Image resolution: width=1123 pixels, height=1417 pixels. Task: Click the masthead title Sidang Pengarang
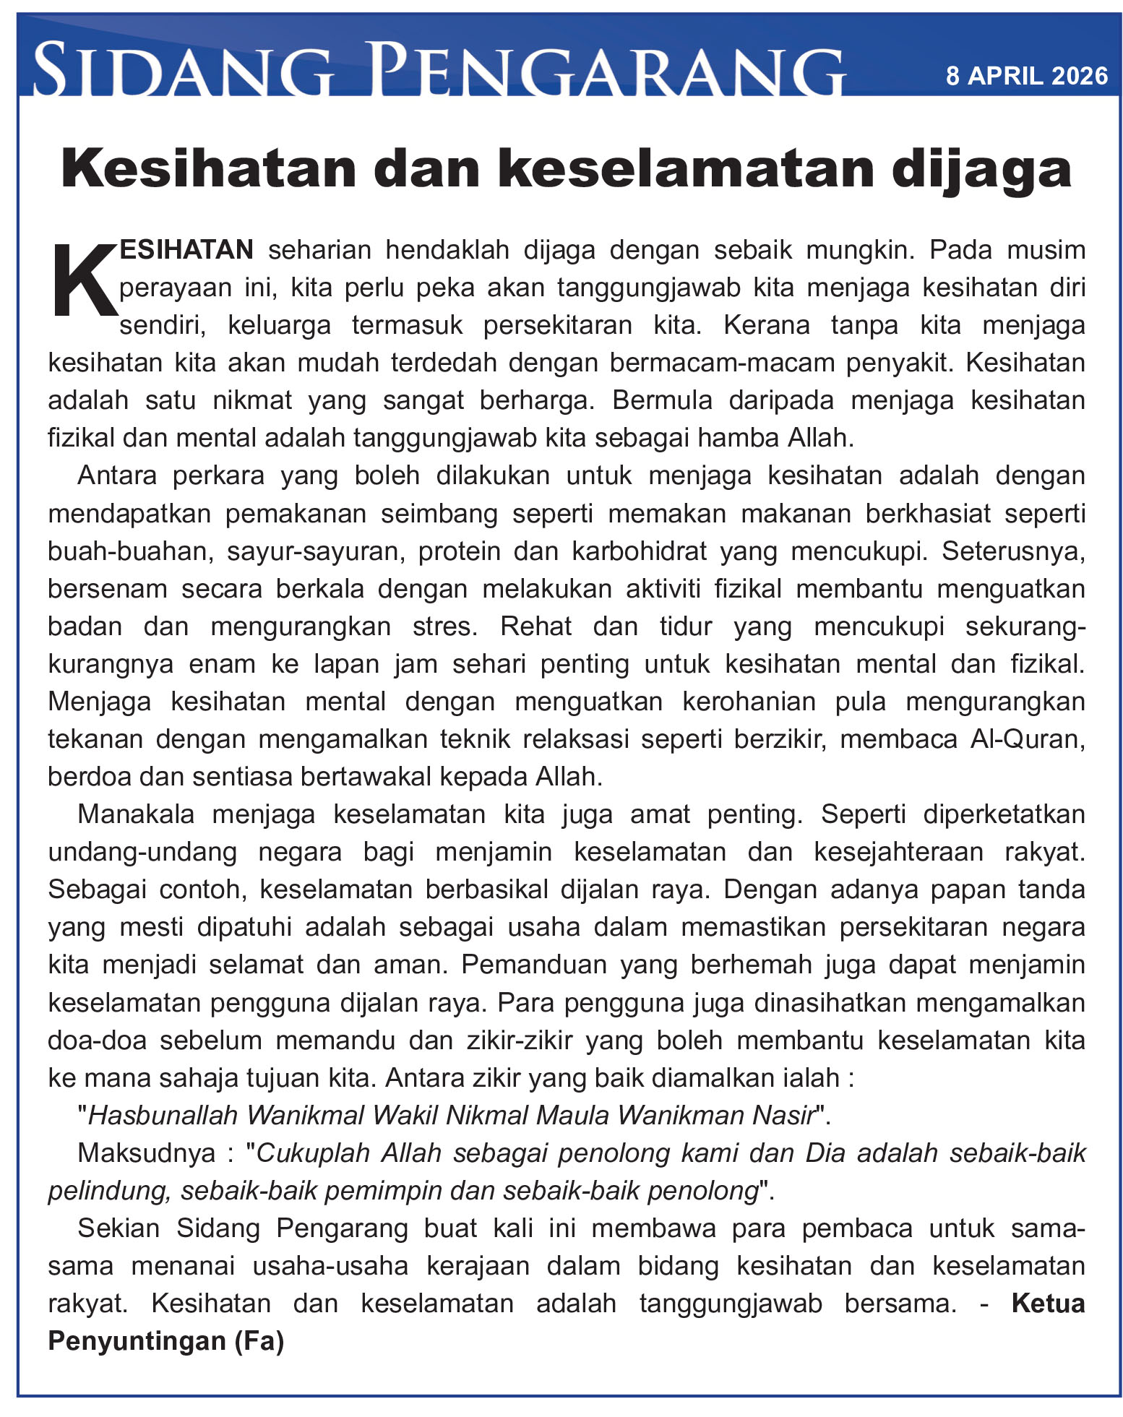(438, 71)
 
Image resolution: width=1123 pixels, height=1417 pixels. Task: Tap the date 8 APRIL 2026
(1026, 76)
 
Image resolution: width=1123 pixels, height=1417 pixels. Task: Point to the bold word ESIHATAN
(186, 250)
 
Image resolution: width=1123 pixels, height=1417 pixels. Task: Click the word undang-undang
(142, 852)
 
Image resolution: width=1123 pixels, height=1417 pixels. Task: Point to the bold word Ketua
(1048, 1303)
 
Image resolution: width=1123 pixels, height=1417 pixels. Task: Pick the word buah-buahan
(129, 551)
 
